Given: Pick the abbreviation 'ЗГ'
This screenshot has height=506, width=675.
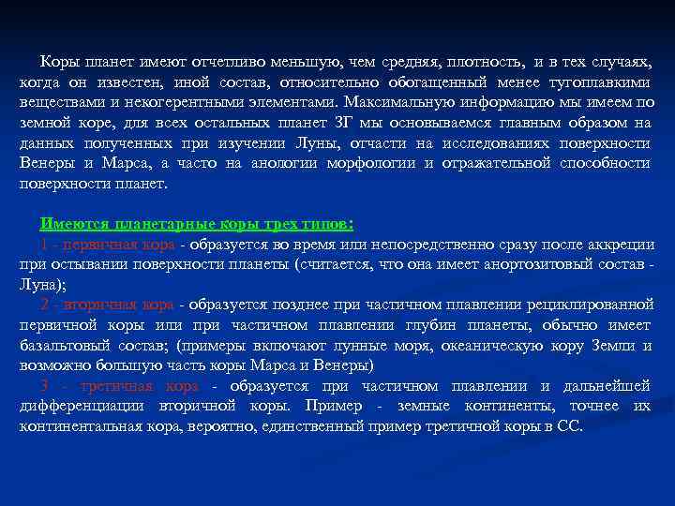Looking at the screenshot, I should (x=320, y=124).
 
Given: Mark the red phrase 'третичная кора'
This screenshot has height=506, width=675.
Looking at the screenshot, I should (x=133, y=386).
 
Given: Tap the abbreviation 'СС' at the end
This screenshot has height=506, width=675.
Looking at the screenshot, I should (x=569, y=426).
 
